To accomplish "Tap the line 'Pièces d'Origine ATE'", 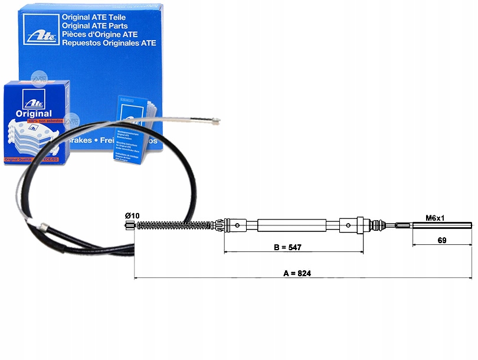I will click(106, 34).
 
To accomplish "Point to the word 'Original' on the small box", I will click(34, 113).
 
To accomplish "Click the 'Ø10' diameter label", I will click(132, 216).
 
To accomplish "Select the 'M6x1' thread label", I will click(436, 218).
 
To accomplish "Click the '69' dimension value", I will click(441, 240).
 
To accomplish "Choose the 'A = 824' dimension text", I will click(297, 273).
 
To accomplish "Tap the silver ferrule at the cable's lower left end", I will click(42, 225).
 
